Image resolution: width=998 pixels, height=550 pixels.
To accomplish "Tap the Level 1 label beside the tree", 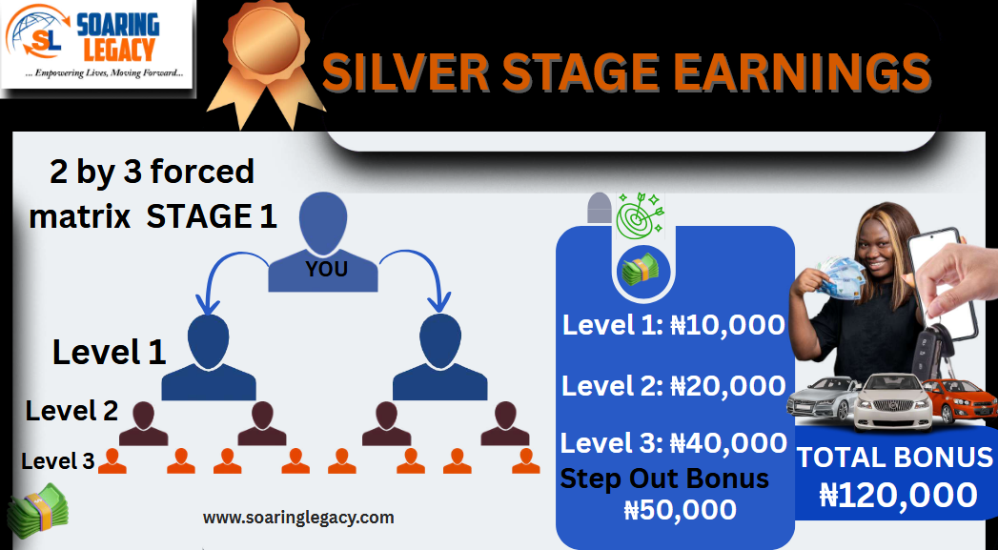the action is pos(109,352).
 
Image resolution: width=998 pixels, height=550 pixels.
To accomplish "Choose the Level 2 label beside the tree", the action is pos(71,411).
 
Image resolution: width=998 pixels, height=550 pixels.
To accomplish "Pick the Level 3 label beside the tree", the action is pos(58,461).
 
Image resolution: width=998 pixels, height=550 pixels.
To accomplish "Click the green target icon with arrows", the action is pos(641,216).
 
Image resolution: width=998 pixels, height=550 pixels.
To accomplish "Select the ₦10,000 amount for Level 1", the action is pos(727,325).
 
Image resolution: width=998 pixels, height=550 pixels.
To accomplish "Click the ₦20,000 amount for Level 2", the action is pos(728,386).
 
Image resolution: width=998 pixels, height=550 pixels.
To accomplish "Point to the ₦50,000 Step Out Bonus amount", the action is pos(681,510).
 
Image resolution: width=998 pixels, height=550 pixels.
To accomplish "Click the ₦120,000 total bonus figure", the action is pos(898,496).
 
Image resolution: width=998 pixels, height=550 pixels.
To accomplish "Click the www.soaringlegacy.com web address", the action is pos(298,518).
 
